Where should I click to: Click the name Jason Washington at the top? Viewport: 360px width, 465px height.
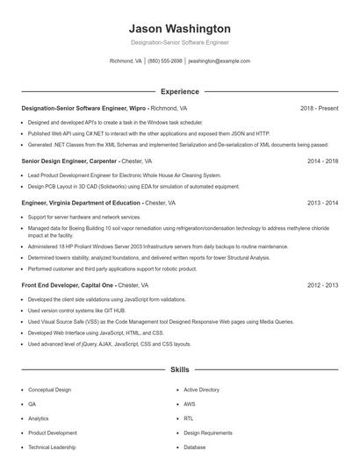[180, 29]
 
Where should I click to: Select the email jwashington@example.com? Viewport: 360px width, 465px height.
[220, 61]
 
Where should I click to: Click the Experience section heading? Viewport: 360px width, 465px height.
[180, 91]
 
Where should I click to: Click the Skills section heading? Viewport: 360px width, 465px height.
[180, 370]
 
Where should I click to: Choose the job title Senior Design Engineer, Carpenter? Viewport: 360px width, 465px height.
[68, 161]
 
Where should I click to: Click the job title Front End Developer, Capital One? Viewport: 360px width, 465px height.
[67, 285]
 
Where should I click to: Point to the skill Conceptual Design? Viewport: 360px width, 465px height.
[50, 390]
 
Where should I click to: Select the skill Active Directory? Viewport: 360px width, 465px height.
[202, 390]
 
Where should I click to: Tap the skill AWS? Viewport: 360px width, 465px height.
[190, 404]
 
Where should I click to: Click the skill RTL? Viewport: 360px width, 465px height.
[189, 418]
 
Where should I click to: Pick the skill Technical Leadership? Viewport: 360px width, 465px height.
[52, 447]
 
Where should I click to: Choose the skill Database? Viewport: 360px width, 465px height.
[195, 447]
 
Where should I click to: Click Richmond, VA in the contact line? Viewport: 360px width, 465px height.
[126, 61]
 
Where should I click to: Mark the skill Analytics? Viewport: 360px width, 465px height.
[39, 418]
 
